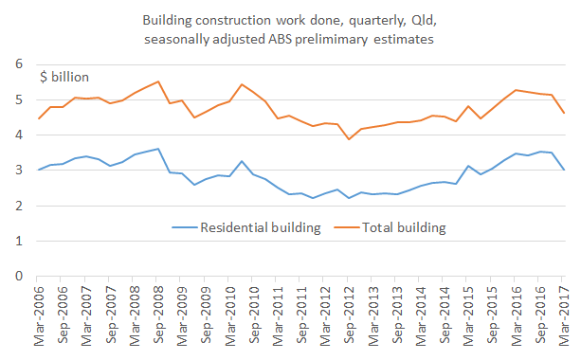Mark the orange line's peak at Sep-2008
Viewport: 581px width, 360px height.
[x=157, y=81]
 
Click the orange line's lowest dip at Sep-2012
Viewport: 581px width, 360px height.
[x=349, y=139]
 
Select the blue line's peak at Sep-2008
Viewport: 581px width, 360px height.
[x=157, y=149]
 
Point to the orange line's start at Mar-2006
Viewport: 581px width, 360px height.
[x=39, y=118]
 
